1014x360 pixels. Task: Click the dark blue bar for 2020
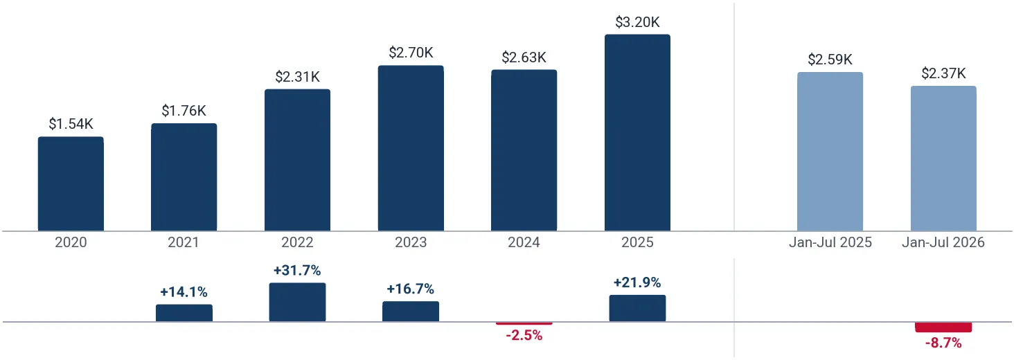[71, 183]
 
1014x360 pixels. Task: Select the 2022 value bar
[297, 160]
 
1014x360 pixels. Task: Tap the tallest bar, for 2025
[637, 132]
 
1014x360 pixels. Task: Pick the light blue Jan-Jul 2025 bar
[830, 152]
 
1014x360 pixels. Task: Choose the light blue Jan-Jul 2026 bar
[943, 159]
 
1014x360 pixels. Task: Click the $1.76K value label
[184, 110]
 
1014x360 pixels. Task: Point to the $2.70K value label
[411, 53]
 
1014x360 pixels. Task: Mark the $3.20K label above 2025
[637, 21]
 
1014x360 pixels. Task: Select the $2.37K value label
[943, 73]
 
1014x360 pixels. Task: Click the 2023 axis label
[411, 242]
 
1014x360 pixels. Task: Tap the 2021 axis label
[184, 242]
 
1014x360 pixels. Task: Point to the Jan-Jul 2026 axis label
[943, 242]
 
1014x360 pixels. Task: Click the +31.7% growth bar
[297, 302]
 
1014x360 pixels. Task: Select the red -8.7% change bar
[943, 327]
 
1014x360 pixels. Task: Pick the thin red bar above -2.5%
[524, 323]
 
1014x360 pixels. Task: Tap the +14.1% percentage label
[184, 291]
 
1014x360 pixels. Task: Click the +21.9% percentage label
[637, 282]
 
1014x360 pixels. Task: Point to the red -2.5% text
[524, 335]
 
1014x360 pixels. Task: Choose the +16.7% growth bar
[411, 312]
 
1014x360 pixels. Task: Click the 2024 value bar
[524, 150]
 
